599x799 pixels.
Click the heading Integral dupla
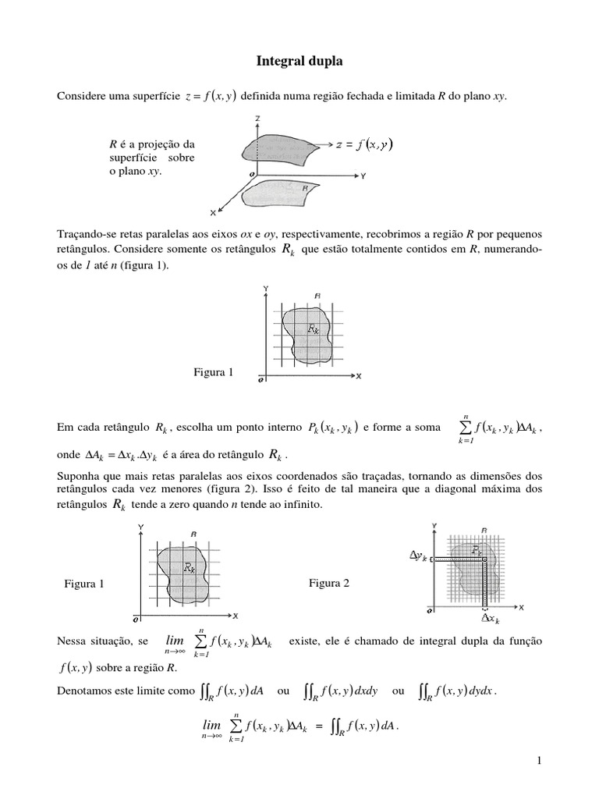click(x=299, y=60)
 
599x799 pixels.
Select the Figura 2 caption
click(x=330, y=583)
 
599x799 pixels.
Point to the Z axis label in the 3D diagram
click(x=257, y=118)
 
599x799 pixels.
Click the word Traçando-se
click(x=85, y=235)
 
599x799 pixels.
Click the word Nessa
click(x=73, y=641)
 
